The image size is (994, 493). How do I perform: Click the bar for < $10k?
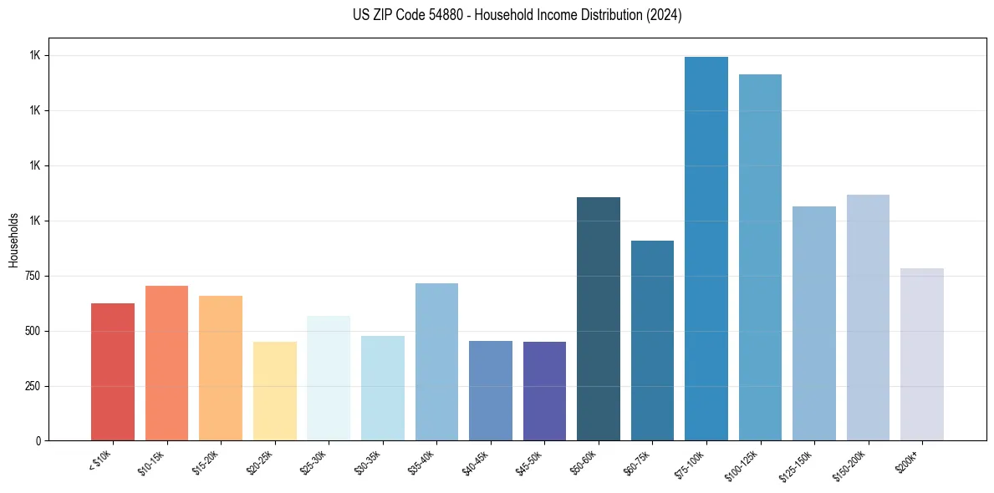[113, 372]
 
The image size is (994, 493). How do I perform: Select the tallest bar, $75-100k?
[706, 248]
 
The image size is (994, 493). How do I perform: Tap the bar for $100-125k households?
[760, 257]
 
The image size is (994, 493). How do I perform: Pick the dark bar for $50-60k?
[599, 318]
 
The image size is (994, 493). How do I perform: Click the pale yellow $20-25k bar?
[275, 391]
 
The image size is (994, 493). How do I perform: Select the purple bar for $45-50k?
[544, 391]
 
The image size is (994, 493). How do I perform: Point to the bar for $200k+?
[922, 354]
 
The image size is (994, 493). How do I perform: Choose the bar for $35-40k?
[436, 362]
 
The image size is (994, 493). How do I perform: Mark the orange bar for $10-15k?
[166, 363]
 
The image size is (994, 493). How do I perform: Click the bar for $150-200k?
[868, 318]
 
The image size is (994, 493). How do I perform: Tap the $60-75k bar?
[652, 340]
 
